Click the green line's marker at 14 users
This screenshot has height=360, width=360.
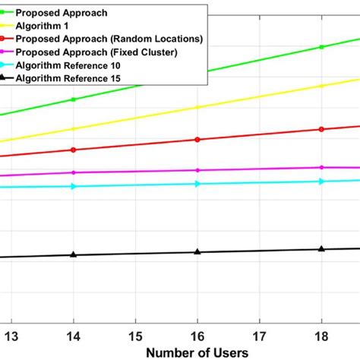pos(74,99)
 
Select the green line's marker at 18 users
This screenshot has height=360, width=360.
pos(321,47)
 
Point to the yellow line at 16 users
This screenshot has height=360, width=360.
pos(197,107)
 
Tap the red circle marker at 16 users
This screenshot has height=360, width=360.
pos(197,140)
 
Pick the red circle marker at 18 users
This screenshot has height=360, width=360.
pos(321,129)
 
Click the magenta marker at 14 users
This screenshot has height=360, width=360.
pos(74,172)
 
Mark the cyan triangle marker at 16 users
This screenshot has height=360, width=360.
pos(197,183)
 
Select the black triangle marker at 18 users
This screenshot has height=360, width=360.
pos(321,248)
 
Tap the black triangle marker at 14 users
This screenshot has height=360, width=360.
pos(74,254)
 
